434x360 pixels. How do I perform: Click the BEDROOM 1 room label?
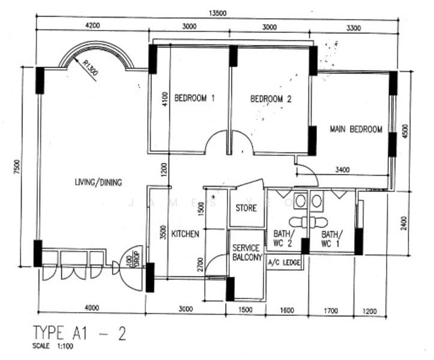194,98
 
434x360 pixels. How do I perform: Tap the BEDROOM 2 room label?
271,99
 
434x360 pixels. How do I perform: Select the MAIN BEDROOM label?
356,129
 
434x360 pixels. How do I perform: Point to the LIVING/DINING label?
98,182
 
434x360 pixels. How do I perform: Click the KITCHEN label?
185,234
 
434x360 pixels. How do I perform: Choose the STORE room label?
246,208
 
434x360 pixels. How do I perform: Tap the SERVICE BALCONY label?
247,253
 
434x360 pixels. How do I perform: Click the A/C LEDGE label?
284,262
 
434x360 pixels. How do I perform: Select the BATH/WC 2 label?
283,239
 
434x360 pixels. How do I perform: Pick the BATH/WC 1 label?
331,239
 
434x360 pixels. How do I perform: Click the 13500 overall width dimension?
217,13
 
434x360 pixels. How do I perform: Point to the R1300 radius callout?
90,68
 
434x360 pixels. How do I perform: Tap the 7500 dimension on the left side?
17,167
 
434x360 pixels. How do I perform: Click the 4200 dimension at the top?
92,25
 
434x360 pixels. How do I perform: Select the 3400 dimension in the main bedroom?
342,169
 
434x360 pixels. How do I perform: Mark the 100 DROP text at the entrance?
133,260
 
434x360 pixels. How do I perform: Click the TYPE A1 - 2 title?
80,333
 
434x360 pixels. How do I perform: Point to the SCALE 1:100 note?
53,346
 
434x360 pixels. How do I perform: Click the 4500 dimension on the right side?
405,132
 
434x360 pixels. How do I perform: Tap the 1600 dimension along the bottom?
287,310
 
